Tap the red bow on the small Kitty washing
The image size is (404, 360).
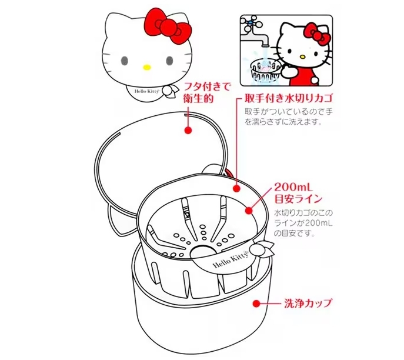320,36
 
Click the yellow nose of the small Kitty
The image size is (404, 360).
302,57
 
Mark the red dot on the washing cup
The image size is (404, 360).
257,304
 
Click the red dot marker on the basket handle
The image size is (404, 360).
235,189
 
